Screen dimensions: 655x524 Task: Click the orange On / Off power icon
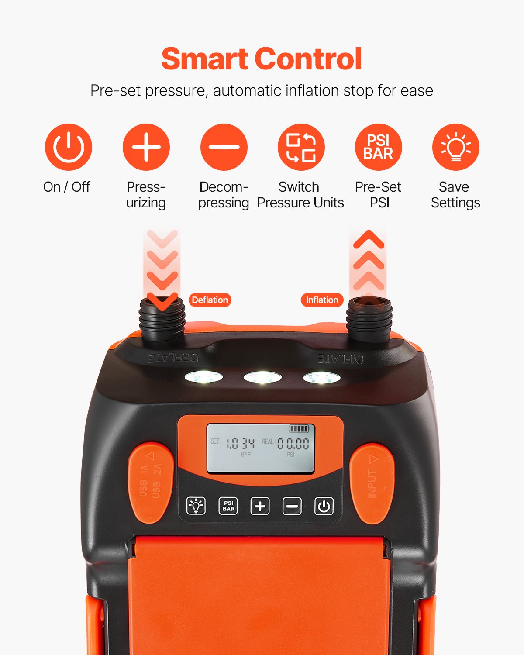click(x=69, y=147)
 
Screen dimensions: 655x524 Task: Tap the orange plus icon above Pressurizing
click(x=146, y=147)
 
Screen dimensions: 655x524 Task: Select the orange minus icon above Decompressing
click(x=224, y=147)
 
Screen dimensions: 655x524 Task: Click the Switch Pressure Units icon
click(x=301, y=147)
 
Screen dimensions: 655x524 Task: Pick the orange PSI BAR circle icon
click(x=378, y=147)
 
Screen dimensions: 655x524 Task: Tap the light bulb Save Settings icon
click(x=455, y=147)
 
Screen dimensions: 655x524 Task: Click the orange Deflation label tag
click(x=210, y=300)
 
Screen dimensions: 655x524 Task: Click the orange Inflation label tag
click(x=322, y=300)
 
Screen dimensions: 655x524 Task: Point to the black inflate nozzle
click(x=369, y=321)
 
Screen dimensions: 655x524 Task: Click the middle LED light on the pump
click(x=262, y=377)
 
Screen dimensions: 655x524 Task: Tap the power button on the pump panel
click(x=324, y=507)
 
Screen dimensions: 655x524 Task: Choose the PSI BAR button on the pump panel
click(x=228, y=507)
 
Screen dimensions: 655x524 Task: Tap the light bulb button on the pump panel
click(x=196, y=507)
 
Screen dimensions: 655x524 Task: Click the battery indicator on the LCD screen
click(x=299, y=429)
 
